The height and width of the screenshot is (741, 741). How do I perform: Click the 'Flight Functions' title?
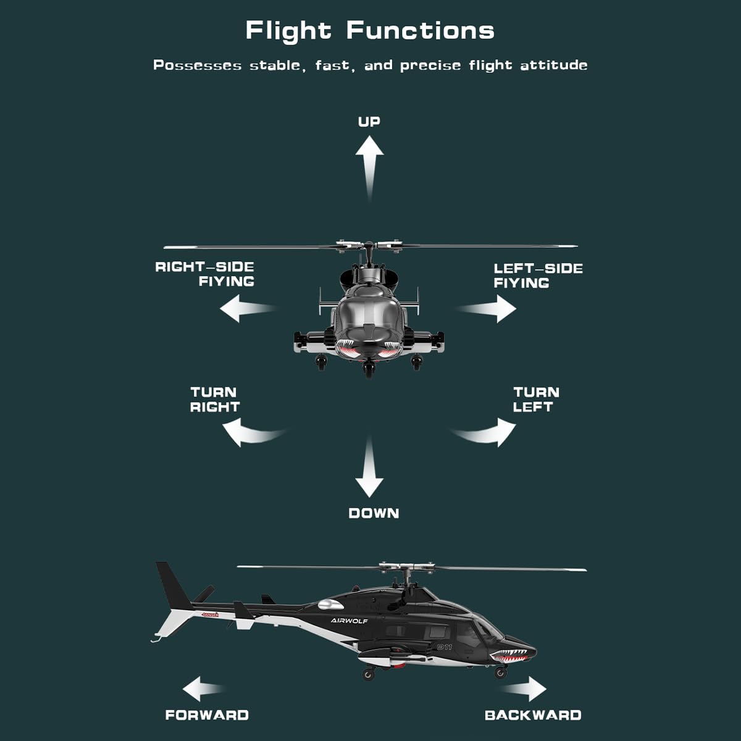point(370,31)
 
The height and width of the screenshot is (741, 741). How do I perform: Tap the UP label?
point(369,122)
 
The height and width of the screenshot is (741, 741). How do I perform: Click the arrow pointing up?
point(369,169)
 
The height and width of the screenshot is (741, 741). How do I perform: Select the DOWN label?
point(374,513)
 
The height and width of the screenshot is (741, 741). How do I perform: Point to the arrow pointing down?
point(369,466)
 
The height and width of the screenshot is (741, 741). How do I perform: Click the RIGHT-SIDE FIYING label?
point(204,274)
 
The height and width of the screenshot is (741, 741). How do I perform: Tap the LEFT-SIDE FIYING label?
point(538,275)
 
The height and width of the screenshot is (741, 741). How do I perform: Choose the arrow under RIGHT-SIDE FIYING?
point(248,308)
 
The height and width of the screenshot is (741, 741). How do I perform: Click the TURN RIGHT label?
point(214,400)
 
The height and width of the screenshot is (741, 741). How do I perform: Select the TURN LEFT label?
point(536,400)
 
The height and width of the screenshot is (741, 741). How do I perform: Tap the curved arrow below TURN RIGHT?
point(252,433)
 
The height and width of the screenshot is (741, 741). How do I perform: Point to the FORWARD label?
point(207,715)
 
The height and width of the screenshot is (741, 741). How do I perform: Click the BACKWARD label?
point(533,715)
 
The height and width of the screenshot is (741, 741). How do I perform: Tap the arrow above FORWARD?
point(203,689)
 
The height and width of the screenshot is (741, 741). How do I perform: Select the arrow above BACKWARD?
point(524,689)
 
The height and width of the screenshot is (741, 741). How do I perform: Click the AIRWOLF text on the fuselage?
point(349,621)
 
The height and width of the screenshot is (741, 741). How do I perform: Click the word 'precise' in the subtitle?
point(430,65)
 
